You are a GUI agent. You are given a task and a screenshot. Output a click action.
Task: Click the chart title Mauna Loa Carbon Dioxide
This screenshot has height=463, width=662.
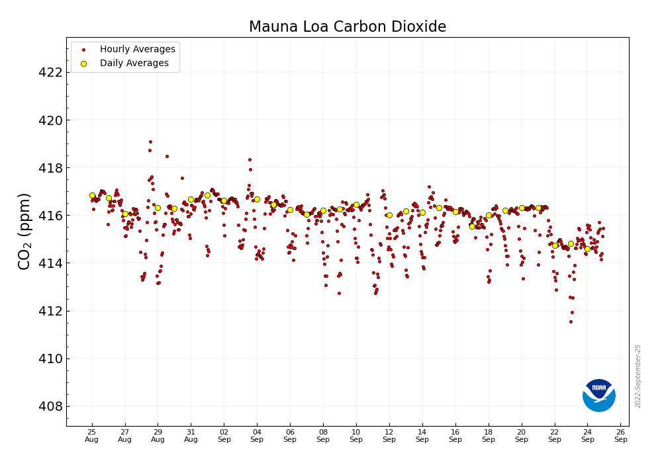[x=347, y=27]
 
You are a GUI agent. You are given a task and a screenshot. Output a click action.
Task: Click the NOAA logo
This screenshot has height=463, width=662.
[x=598, y=395]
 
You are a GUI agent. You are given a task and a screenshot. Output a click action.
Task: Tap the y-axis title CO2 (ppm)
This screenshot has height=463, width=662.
[x=24, y=231]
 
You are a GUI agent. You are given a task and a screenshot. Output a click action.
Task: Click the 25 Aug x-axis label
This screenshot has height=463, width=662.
[x=92, y=435]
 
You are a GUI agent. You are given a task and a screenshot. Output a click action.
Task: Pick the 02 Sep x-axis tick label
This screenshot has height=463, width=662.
[x=224, y=435]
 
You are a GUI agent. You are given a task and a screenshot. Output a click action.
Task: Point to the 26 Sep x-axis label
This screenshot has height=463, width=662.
[x=620, y=435]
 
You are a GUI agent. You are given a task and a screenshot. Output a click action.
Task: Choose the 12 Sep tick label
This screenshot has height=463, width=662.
[x=389, y=435]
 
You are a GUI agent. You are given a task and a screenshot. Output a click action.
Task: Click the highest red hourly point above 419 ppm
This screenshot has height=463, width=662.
[x=150, y=142]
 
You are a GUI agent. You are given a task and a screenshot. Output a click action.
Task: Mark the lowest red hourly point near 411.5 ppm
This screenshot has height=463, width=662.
[x=571, y=321]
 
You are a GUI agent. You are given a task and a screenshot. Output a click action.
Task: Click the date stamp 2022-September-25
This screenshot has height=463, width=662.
[x=638, y=376]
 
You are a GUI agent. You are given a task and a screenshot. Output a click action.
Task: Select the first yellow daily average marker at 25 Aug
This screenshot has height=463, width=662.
[x=92, y=195]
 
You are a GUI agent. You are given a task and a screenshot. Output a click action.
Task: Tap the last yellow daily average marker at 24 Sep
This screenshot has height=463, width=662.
[x=587, y=249]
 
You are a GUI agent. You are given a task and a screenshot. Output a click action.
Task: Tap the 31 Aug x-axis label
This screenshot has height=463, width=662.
[x=191, y=435]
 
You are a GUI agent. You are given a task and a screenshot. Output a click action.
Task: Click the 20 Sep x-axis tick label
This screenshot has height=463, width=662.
[x=522, y=435]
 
